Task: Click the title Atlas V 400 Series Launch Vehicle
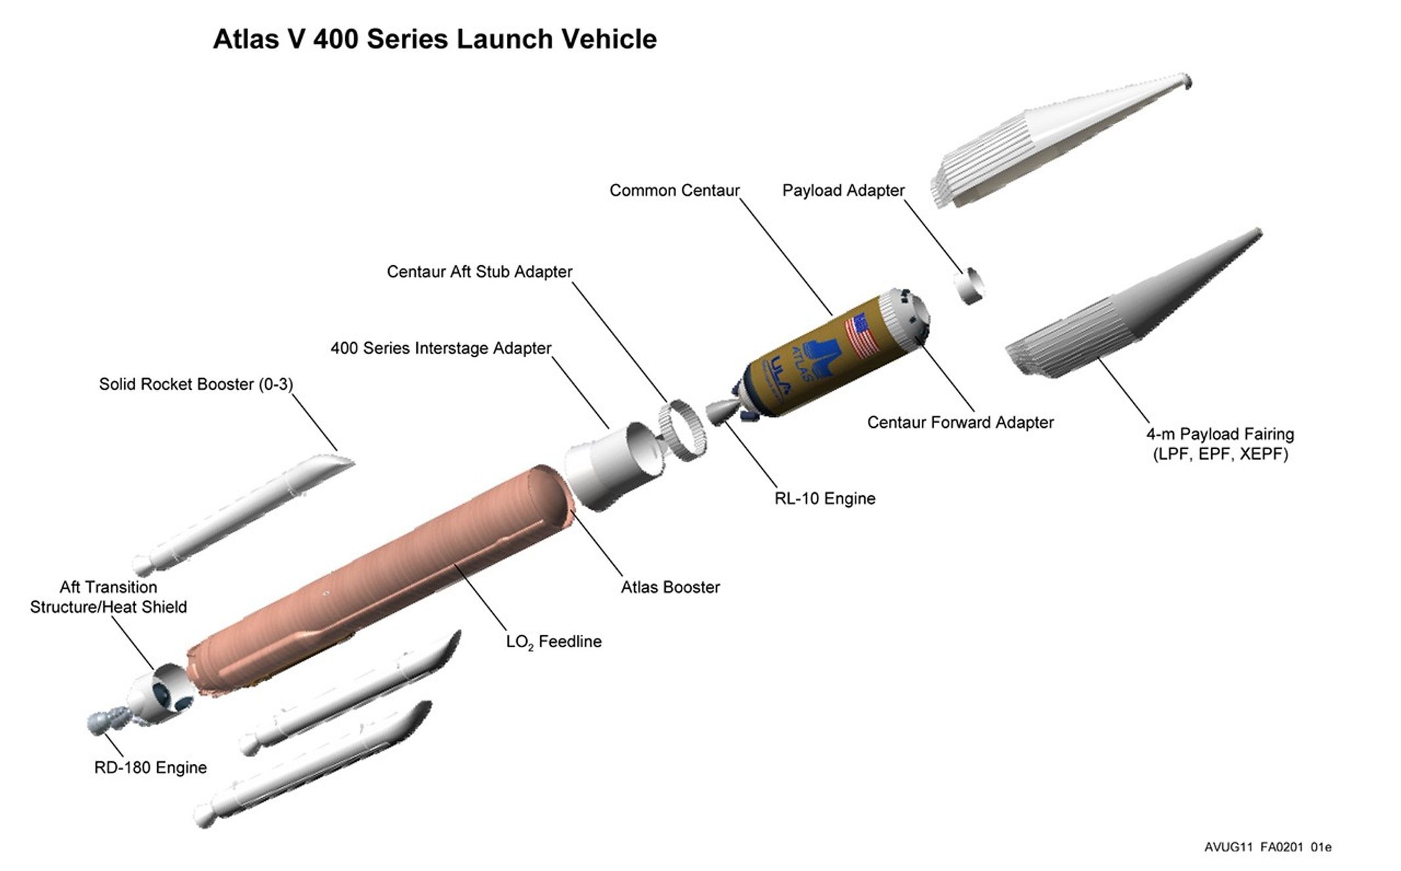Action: click(435, 39)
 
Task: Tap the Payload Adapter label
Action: click(843, 190)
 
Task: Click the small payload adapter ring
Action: click(969, 286)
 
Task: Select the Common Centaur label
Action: click(674, 190)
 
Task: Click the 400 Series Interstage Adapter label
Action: click(441, 348)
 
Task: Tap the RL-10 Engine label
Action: click(825, 498)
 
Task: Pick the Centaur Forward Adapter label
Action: click(960, 422)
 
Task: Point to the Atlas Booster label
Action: click(670, 587)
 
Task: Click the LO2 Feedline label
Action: click(553, 641)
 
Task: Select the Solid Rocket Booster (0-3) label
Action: click(196, 384)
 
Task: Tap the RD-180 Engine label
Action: click(150, 767)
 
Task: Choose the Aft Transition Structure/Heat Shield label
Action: click(108, 597)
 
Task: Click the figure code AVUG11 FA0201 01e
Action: click(1268, 847)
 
